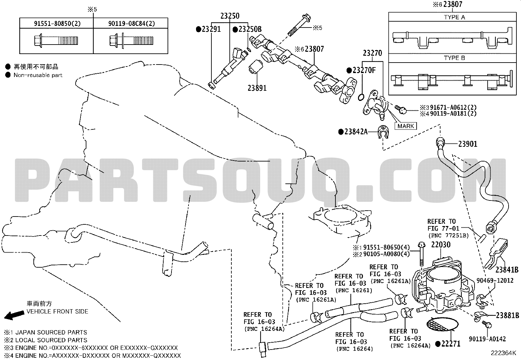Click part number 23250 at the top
click(x=230, y=16)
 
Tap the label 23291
click(x=211, y=29)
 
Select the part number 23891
click(x=257, y=88)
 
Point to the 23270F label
click(x=364, y=70)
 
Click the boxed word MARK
click(x=405, y=126)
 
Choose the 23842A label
click(x=356, y=132)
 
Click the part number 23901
click(x=468, y=144)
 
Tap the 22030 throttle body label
click(x=441, y=244)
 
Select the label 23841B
click(x=507, y=270)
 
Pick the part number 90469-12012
click(x=495, y=280)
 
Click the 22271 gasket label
click(x=451, y=344)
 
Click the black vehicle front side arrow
click(x=14, y=315)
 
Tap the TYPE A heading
click(x=455, y=17)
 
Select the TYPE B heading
click(x=455, y=58)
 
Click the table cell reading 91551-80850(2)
click(x=57, y=24)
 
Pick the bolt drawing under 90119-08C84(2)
click(x=131, y=41)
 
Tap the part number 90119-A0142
click(x=487, y=339)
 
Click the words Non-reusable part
click(x=38, y=75)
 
